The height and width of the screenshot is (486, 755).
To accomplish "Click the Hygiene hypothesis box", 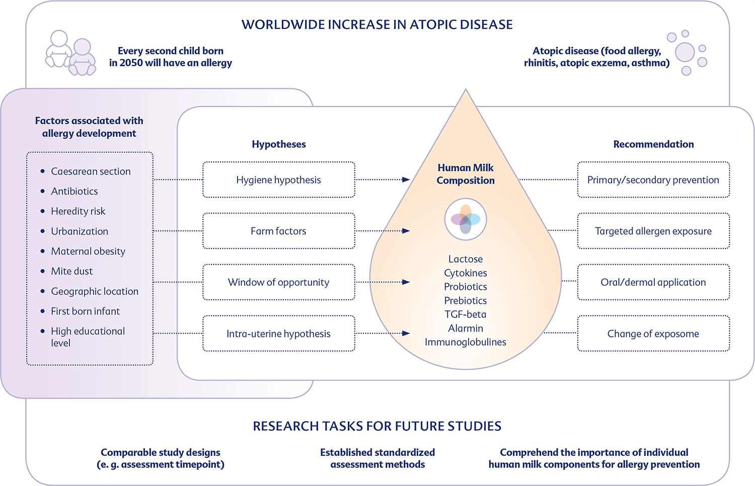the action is (x=279, y=180).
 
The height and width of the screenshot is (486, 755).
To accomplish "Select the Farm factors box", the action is (x=279, y=231).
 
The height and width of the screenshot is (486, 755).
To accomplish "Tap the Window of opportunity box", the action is (x=279, y=282).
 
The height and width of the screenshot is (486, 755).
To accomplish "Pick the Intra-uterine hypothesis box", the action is (x=279, y=334).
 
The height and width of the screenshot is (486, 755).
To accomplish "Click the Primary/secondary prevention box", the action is (x=653, y=180).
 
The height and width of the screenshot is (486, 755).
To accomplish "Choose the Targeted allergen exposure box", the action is (x=653, y=231).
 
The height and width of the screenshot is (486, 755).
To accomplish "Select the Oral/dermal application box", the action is (x=653, y=282).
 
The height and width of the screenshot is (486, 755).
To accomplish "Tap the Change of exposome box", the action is (x=653, y=334).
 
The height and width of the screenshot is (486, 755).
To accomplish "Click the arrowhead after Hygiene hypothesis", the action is (x=406, y=180).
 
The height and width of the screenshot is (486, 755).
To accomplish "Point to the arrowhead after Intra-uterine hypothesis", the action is (x=406, y=334).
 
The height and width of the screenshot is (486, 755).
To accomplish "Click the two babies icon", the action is (x=71, y=53).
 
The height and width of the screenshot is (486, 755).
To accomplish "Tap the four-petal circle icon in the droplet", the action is (x=466, y=219).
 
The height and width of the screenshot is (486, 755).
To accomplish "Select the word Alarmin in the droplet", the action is (x=466, y=328).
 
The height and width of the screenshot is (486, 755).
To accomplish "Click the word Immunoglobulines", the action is (x=466, y=342).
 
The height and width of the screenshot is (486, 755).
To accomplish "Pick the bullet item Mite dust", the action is (x=72, y=271).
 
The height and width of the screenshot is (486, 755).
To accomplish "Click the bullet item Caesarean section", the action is (x=91, y=171).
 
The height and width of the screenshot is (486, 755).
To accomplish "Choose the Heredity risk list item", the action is (x=78, y=211).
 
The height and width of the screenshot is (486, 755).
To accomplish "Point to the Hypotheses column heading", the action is (x=279, y=144).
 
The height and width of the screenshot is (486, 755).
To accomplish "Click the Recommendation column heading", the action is (x=653, y=144).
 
